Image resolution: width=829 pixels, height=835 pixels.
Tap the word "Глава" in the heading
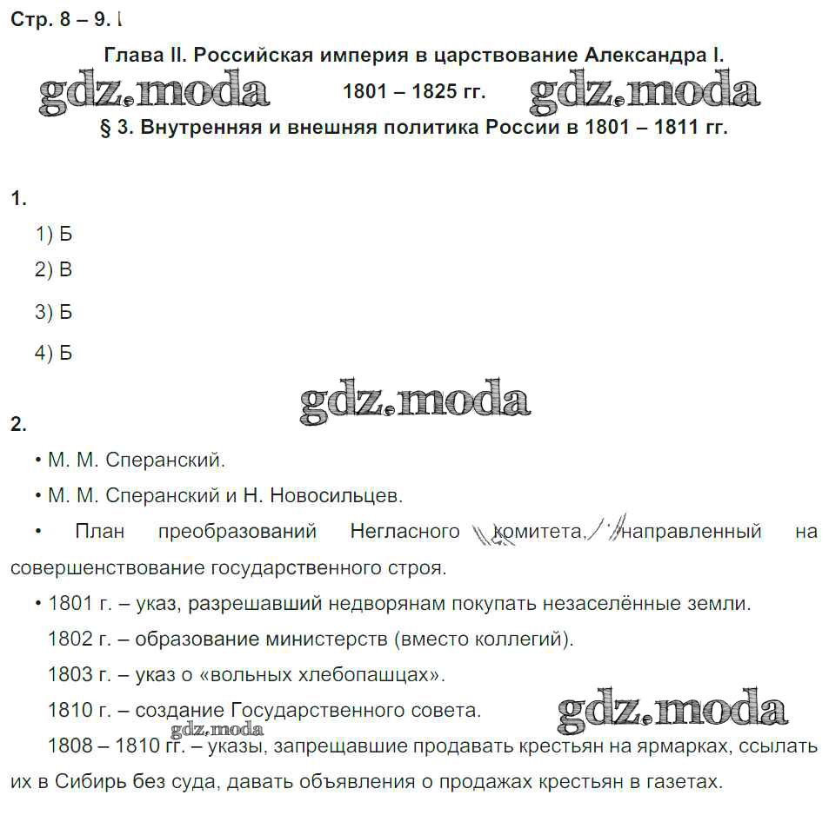(x=132, y=55)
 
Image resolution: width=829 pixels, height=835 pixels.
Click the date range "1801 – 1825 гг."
(x=414, y=91)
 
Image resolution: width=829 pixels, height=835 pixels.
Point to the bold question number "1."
(x=18, y=198)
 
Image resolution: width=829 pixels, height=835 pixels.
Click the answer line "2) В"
(x=53, y=270)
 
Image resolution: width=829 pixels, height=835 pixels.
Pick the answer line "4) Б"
(x=53, y=353)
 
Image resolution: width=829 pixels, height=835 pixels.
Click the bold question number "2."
(x=18, y=425)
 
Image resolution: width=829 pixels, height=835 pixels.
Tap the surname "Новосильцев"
(x=336, y=496)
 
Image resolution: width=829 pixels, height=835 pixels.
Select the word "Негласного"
(x=404, y=531)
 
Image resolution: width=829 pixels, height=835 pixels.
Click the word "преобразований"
(x=237, y=531)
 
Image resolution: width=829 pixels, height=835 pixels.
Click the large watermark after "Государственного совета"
(x=672, y=711)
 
